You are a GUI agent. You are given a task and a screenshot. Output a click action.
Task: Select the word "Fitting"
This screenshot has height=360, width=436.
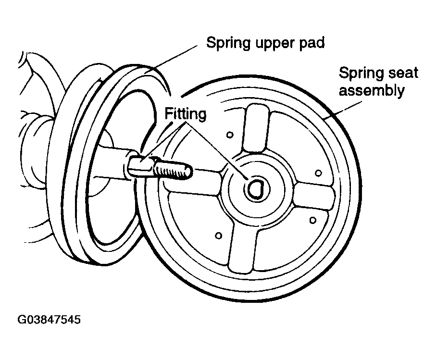(x=186, y=114)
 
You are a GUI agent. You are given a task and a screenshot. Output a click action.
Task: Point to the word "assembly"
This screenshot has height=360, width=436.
(x=372, y=91)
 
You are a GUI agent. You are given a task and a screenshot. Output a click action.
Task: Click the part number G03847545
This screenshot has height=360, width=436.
(x=49, y=320)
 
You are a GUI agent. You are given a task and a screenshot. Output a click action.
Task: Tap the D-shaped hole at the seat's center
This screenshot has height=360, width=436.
(x=255, y=189)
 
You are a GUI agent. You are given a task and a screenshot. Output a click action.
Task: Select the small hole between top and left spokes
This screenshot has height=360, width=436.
(x=230, y=135)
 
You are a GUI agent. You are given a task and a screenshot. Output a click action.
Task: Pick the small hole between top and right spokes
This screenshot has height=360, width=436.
(x=318, y=173)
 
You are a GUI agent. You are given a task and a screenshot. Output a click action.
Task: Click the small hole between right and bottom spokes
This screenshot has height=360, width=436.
(x=313, y=220)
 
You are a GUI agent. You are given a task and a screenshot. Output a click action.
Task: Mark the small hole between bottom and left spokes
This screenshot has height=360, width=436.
(x=219, y=236)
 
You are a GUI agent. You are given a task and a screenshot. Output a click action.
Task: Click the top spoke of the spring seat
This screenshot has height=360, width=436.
(x=256, y=128)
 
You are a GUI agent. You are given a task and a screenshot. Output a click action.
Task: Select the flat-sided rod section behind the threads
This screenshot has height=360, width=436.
(x=140, y=167)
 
